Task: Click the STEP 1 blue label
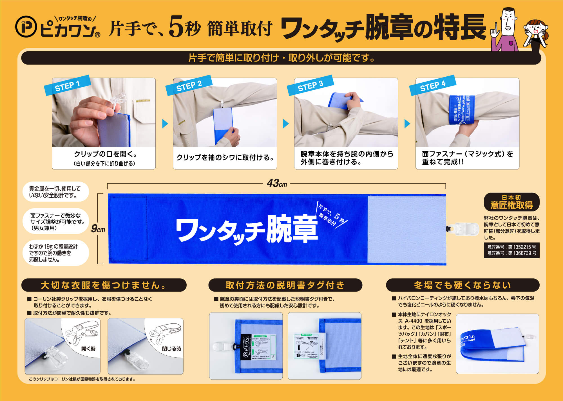67,85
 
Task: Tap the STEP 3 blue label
310,85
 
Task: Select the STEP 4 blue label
432,85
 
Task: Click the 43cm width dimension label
277,184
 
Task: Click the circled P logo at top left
26,27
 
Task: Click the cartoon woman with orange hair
535,34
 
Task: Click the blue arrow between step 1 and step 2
165,124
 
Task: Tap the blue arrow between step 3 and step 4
407,124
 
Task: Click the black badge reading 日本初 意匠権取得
511,202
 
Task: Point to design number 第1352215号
511,247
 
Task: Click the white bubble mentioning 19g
55,253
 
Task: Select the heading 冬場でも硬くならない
463,285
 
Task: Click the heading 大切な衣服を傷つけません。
104,285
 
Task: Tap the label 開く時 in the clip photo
88,349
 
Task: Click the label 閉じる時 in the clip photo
171,349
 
